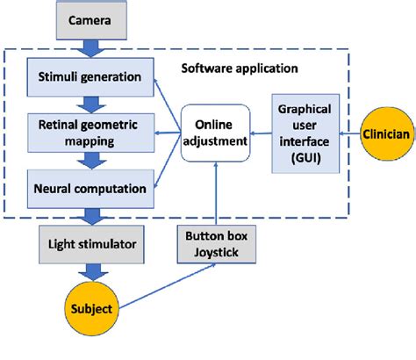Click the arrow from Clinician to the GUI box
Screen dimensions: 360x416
tap(348, 133)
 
